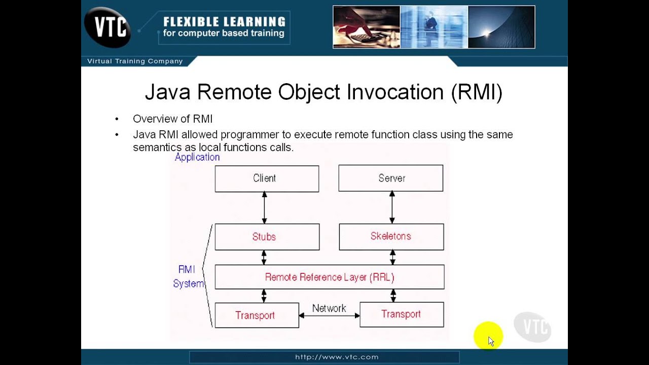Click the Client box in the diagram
(267, 178)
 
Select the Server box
(390, 178)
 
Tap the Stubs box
(267, 237)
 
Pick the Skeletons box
(391, 236)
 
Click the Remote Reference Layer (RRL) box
(329, 277)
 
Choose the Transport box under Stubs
(257, 315)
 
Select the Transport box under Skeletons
(401, 314)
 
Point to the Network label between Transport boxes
(329, 308)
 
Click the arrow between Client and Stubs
(264, 208)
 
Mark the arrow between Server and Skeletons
(392, 207)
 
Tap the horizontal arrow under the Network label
(329, 315)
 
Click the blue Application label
(197, 157)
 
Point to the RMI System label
(188, 277)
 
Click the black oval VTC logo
(107, 27)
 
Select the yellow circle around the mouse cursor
(488, 336)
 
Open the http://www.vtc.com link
(337, 357)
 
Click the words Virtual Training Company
(135, 61)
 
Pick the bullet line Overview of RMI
(172, 119)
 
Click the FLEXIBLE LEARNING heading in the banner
(224, 22)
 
